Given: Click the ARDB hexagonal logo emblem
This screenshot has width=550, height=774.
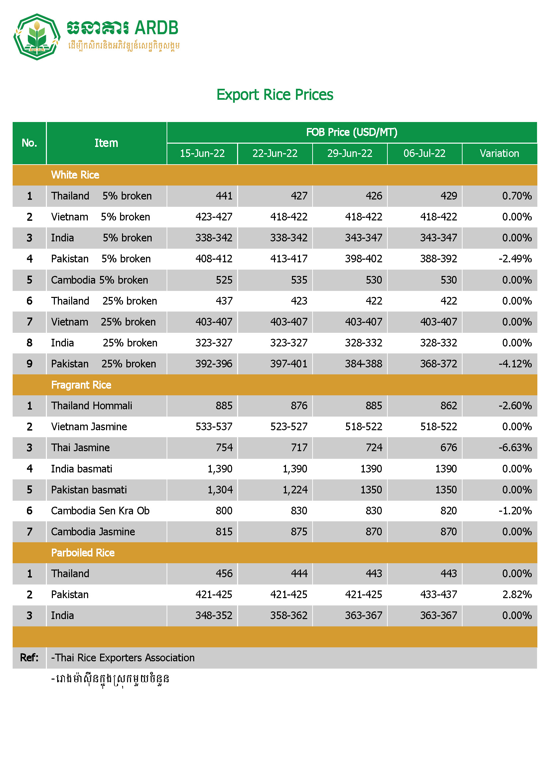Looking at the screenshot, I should (37, 37).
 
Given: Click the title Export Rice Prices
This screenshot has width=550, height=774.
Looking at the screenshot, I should (275, 95).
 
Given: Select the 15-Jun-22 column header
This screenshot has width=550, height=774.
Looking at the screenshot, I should (202, 154).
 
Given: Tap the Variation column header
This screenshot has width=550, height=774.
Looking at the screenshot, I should (499, 154).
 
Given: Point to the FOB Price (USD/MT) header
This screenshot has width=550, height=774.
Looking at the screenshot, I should (351, 132).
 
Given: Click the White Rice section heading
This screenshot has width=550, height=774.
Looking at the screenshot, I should (75, 175).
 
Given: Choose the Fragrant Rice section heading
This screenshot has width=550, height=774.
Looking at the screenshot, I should (81, 385).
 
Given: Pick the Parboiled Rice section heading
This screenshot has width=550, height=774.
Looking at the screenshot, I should (83, 553).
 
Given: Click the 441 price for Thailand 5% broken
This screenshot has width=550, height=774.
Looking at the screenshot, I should (224, 196).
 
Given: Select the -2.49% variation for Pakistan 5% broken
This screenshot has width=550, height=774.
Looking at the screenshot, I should (515, 259).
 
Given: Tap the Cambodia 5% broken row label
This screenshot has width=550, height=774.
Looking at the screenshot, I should (99, 280).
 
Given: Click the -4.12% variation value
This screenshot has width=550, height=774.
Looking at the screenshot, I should (515, 364).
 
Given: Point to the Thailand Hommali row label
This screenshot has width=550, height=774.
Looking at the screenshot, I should (91, 406).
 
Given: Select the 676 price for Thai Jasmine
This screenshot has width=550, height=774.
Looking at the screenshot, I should (448, 448).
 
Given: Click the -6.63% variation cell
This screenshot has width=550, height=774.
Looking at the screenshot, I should (515, 448).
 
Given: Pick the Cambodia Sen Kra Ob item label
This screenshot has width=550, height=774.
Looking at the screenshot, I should (100, 511).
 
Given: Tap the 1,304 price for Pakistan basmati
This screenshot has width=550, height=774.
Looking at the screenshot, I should (220, 490).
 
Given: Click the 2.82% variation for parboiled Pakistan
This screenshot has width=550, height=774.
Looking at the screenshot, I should (517, 594).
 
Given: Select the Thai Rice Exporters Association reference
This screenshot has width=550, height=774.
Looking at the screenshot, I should (123, 658).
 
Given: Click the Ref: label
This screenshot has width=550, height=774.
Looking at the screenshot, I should (29, 658).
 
